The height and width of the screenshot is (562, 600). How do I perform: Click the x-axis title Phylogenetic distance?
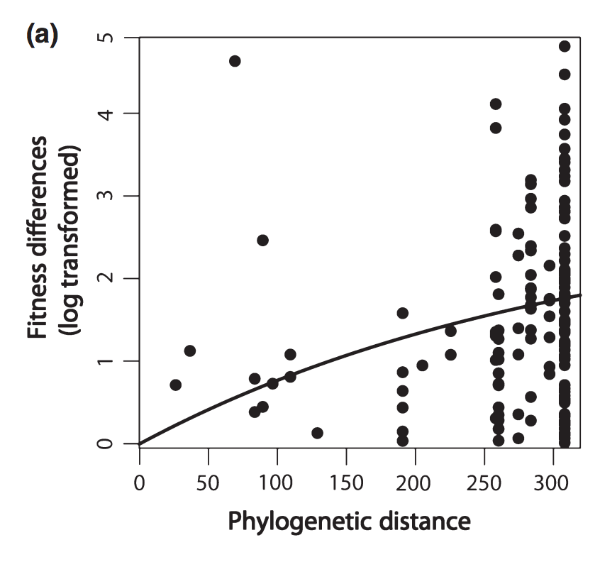(x=349, y=522)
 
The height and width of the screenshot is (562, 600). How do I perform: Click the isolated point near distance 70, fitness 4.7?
(x=235, y=61)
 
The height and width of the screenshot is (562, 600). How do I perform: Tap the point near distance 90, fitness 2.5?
(x=262, y=241)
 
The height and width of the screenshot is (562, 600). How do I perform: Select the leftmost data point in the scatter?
(x=175, y=385)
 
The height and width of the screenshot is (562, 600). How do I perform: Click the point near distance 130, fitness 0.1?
(x=317, y=433)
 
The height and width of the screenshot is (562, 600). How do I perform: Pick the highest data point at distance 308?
(x=565, y=46)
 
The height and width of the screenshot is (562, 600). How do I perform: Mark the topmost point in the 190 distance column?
(x=402, y=313)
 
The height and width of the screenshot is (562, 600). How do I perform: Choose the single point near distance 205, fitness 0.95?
(x=422, y=365)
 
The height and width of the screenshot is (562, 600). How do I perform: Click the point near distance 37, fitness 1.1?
(x=189, y=351)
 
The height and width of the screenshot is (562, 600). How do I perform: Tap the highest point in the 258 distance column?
(x=496, y=104)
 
